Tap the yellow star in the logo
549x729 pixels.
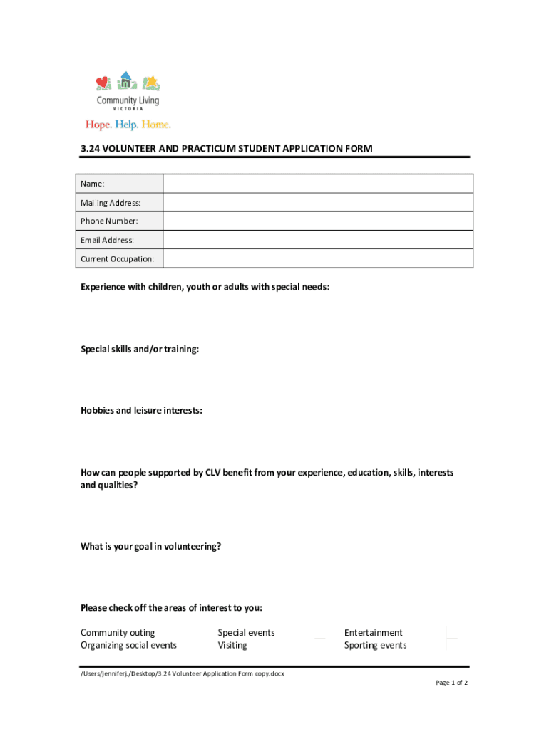pyautogui.click(x=151, y=81)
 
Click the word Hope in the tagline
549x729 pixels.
pyautogui.click(x=97, y=125)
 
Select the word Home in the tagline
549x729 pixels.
pyautogui.click(x=155, y=125)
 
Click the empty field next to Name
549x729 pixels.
pyautogui.click(x=317, y=184)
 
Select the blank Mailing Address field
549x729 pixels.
pyautogui.click(x=317, y=203)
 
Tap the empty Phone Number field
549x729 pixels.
pyautogui.click(x=317, y=221)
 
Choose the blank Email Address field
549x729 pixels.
pyautogui.click(x=317, y=240)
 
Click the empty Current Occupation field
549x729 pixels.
pyautogui.click(x=317, y=258)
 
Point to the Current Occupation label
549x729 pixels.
pyautogui.click(x=117, y=259)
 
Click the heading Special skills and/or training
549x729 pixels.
pyautogui.click(x=140, y=349)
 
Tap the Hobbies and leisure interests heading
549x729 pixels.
pyautogui.click(x=141, y=411)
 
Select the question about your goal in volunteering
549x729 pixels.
pyautogui.click(x=150, y=547)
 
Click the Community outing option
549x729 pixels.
pyautogui.click(x=118, y=633)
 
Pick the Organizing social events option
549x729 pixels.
pyautogui.click(x=128, y=646)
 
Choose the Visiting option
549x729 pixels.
pyautogui.click(x=232, y=646)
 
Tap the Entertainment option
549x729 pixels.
pyautogui.click(x=373, y=633)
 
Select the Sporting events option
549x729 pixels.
pyautogui.click(x=375, y=646)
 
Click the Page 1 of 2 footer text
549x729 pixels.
pyautogui.click(x=451, y=683)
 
